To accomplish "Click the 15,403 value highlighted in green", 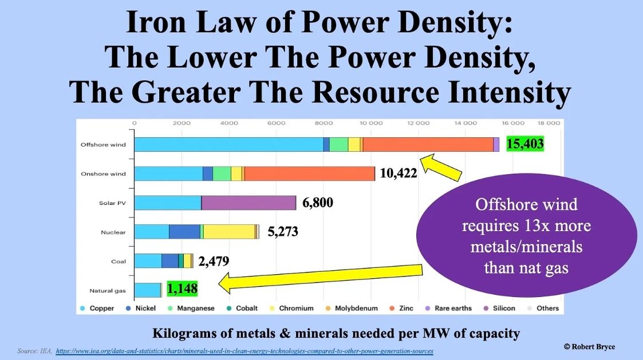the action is pos(525,144).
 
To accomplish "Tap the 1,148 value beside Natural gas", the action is pos(182,288).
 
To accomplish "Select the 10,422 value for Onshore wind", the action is pos(398,173).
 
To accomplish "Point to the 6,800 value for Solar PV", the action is pos(318,203).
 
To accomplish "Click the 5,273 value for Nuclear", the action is pos(283,232).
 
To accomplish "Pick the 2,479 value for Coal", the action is pos(214,261).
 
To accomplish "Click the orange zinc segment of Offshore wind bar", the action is pos(428,144).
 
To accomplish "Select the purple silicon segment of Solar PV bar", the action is pos(248,203).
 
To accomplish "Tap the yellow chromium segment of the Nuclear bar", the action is pos(229,232).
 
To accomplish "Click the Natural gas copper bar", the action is pos(147,290).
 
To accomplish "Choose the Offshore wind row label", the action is pos(103,145).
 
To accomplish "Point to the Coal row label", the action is pos(119,262).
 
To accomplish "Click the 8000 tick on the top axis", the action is pos(324,123).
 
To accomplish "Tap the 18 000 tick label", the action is pos(549,123).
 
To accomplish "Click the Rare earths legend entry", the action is pos(448,308).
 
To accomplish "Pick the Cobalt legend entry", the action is pos(242,308).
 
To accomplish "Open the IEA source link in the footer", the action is pos(244,351).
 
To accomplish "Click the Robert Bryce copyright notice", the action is pos(589,346).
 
